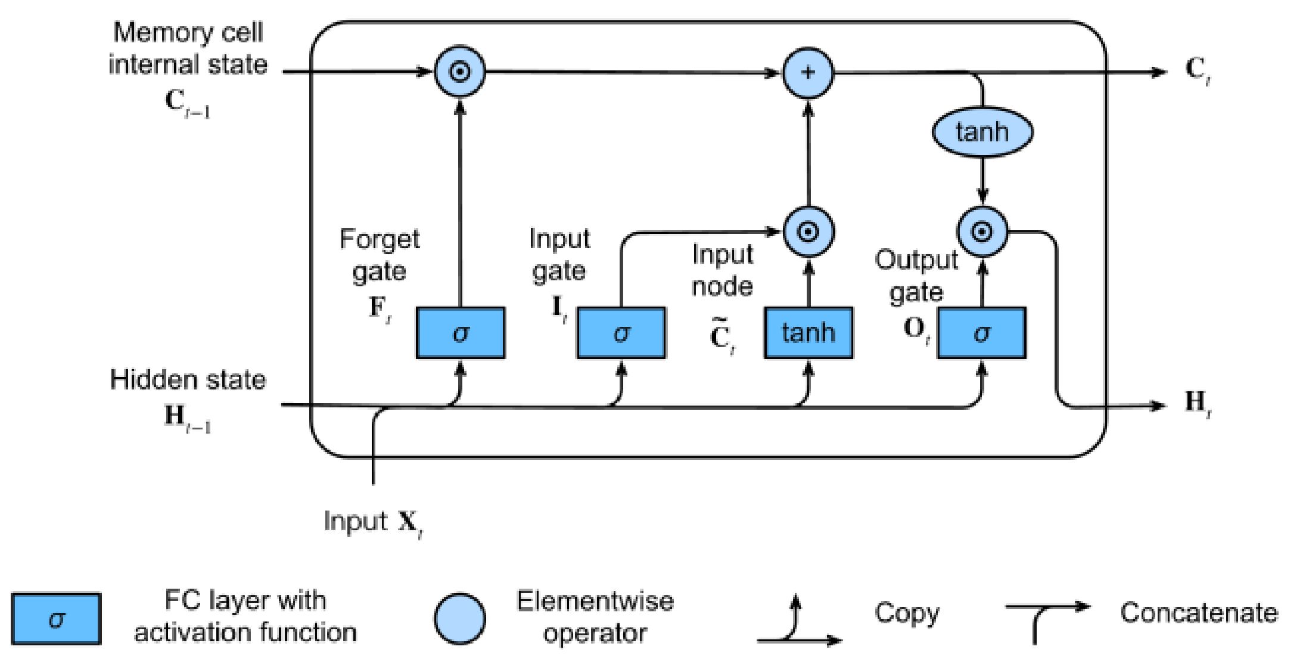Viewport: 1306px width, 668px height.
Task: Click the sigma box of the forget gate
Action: (x=460, y=333)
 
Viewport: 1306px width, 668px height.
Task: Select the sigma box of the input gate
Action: (x=621, y=333)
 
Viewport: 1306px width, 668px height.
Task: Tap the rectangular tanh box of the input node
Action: (x=808, y=333)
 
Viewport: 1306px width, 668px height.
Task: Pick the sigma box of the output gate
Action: (x=981, y=333)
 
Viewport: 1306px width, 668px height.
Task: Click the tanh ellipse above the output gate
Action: (x=982, y=132)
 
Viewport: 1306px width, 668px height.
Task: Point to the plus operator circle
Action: (x=808, y=73)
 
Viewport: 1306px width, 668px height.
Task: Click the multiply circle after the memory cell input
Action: (x=460, y=72)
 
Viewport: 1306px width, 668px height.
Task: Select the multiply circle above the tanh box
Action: (x=808, y=231)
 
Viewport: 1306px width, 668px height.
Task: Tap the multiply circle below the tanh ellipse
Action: (x=982, y=231)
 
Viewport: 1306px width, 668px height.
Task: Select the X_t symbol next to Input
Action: (x=410, y=524)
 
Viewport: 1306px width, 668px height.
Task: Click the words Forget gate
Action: (x=380, y=255)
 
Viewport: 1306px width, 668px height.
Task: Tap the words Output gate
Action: (x=916, y=276)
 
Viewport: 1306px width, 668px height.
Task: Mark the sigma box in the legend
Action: (x=56, y=619)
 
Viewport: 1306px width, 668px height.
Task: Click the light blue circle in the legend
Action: (x=459, y=619)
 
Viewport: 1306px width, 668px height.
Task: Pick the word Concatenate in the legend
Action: (x=1199, y=613)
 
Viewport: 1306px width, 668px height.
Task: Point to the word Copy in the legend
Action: (x=907, y=613)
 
